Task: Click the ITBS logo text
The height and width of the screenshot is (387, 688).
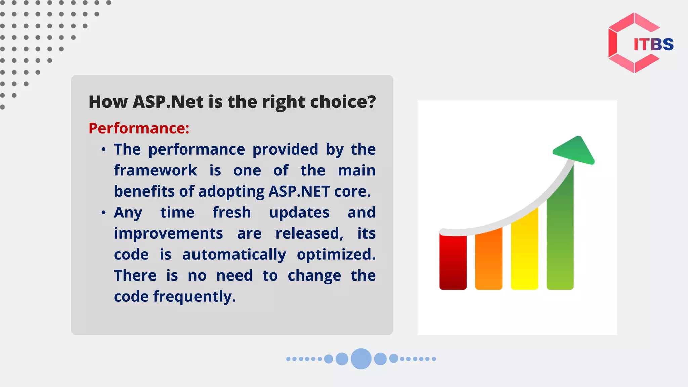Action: click(653, 44)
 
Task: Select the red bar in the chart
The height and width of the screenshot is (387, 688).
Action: click(453, 262)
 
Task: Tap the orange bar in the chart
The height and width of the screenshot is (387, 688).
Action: click(488, 259)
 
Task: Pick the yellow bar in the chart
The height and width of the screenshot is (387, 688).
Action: click(524, 249)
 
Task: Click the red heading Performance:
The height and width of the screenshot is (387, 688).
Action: click(139, 128)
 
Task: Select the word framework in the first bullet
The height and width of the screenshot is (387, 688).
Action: click(155, 170)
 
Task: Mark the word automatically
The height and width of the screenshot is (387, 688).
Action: click(234, 255)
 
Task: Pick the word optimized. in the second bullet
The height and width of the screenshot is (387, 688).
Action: click(336, 255)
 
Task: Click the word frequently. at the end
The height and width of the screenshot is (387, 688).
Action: click(195, 297)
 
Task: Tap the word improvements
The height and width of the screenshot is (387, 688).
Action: click(168, 234)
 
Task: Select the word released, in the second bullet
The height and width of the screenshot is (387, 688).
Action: click(309, 233)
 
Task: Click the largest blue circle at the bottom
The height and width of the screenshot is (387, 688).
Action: click(361, 359)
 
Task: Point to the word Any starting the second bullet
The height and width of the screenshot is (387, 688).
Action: click(128, 213)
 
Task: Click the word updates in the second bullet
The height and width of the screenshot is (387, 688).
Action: click(299, 213)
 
